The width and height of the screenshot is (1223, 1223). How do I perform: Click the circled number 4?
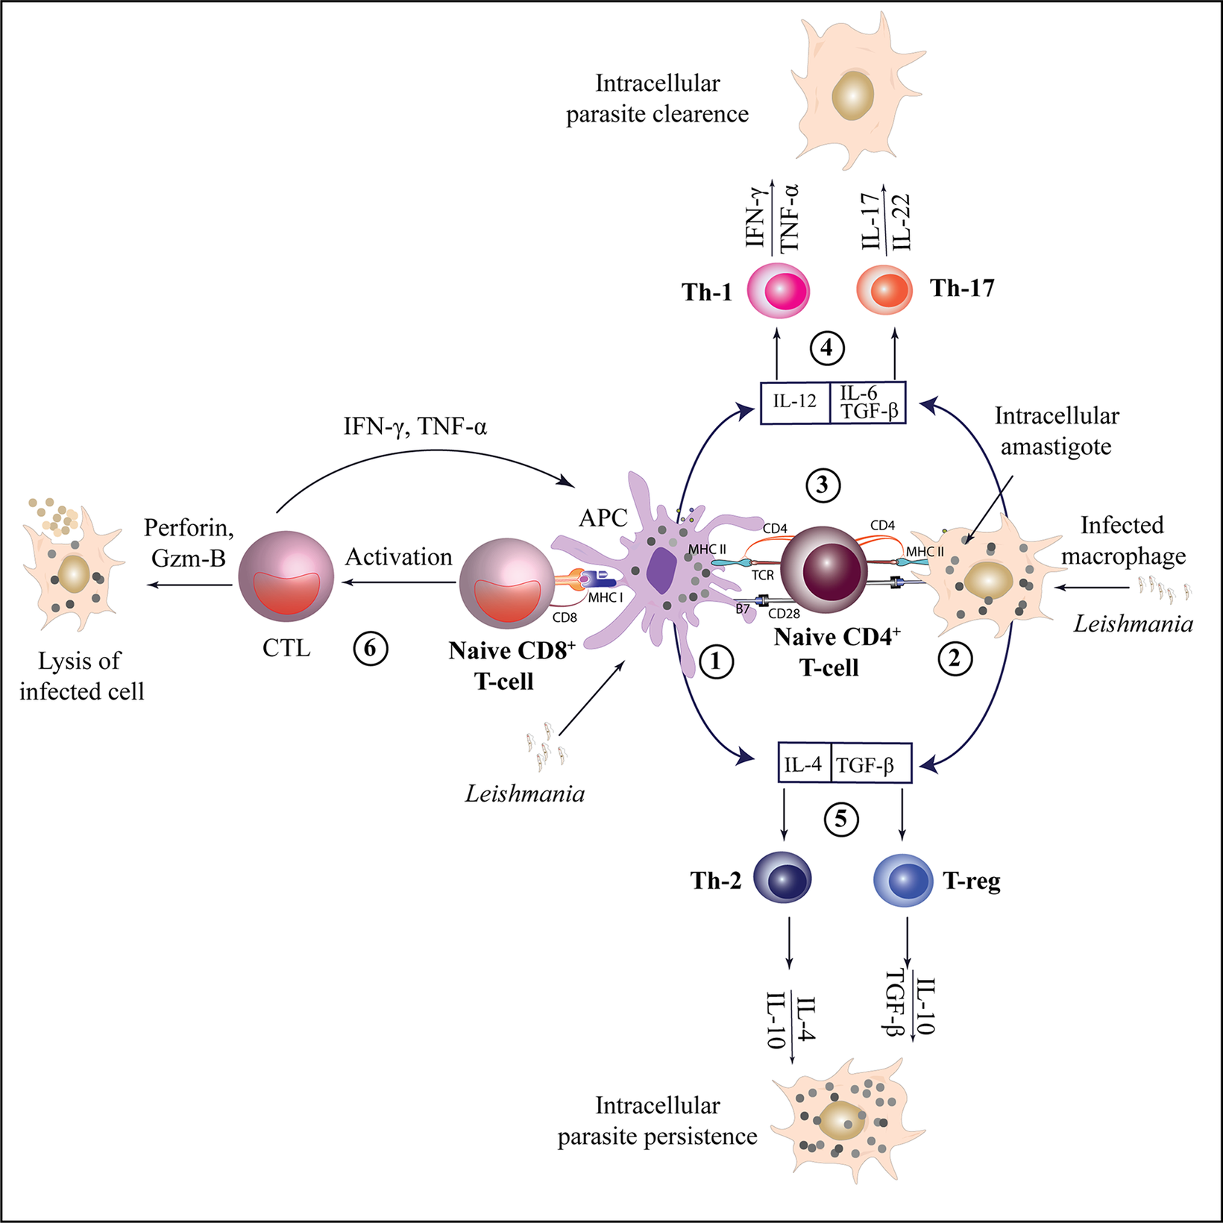[827, 348]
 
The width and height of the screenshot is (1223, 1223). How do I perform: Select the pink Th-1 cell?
[779, 290]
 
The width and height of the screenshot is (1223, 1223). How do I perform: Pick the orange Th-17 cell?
[884, 289]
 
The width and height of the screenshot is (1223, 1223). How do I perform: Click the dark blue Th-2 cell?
[782, 879]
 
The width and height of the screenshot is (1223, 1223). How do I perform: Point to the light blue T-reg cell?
[903, 879]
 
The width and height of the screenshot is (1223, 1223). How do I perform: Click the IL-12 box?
[795, 403]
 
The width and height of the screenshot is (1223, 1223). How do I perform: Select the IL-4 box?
[804, 764]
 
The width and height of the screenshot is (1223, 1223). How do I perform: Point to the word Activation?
[399, 557]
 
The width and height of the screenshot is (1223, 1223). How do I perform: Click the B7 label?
[743, 609]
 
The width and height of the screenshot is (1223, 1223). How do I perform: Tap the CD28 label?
[784, 614]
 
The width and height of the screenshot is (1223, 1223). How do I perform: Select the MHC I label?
[606, 597]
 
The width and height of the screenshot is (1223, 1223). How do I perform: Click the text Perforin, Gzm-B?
[189, 542]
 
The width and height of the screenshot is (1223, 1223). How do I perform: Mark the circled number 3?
[823, 485]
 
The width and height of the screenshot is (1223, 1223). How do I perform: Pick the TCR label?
[762, 576]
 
